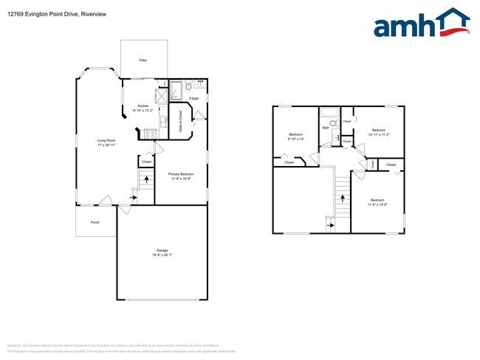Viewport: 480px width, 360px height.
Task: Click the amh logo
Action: click(422, 24)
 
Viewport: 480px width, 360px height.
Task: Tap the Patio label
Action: click(142, 60)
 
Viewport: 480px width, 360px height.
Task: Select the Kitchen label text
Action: click(143, 106)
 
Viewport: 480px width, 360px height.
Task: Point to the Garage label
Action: click(161, 250)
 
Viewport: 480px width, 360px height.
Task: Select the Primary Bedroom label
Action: click(182, 174)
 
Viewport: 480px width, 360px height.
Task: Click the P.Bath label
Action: click(194, 98)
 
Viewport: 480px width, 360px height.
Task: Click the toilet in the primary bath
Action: click(190, 85)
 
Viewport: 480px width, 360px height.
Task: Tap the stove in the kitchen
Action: click(150, 134)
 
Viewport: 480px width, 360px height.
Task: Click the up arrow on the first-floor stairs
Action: click(145, 179)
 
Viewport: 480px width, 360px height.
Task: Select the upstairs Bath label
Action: click(326, 128)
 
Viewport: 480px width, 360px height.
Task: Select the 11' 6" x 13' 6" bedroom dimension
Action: click(377, 204)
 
